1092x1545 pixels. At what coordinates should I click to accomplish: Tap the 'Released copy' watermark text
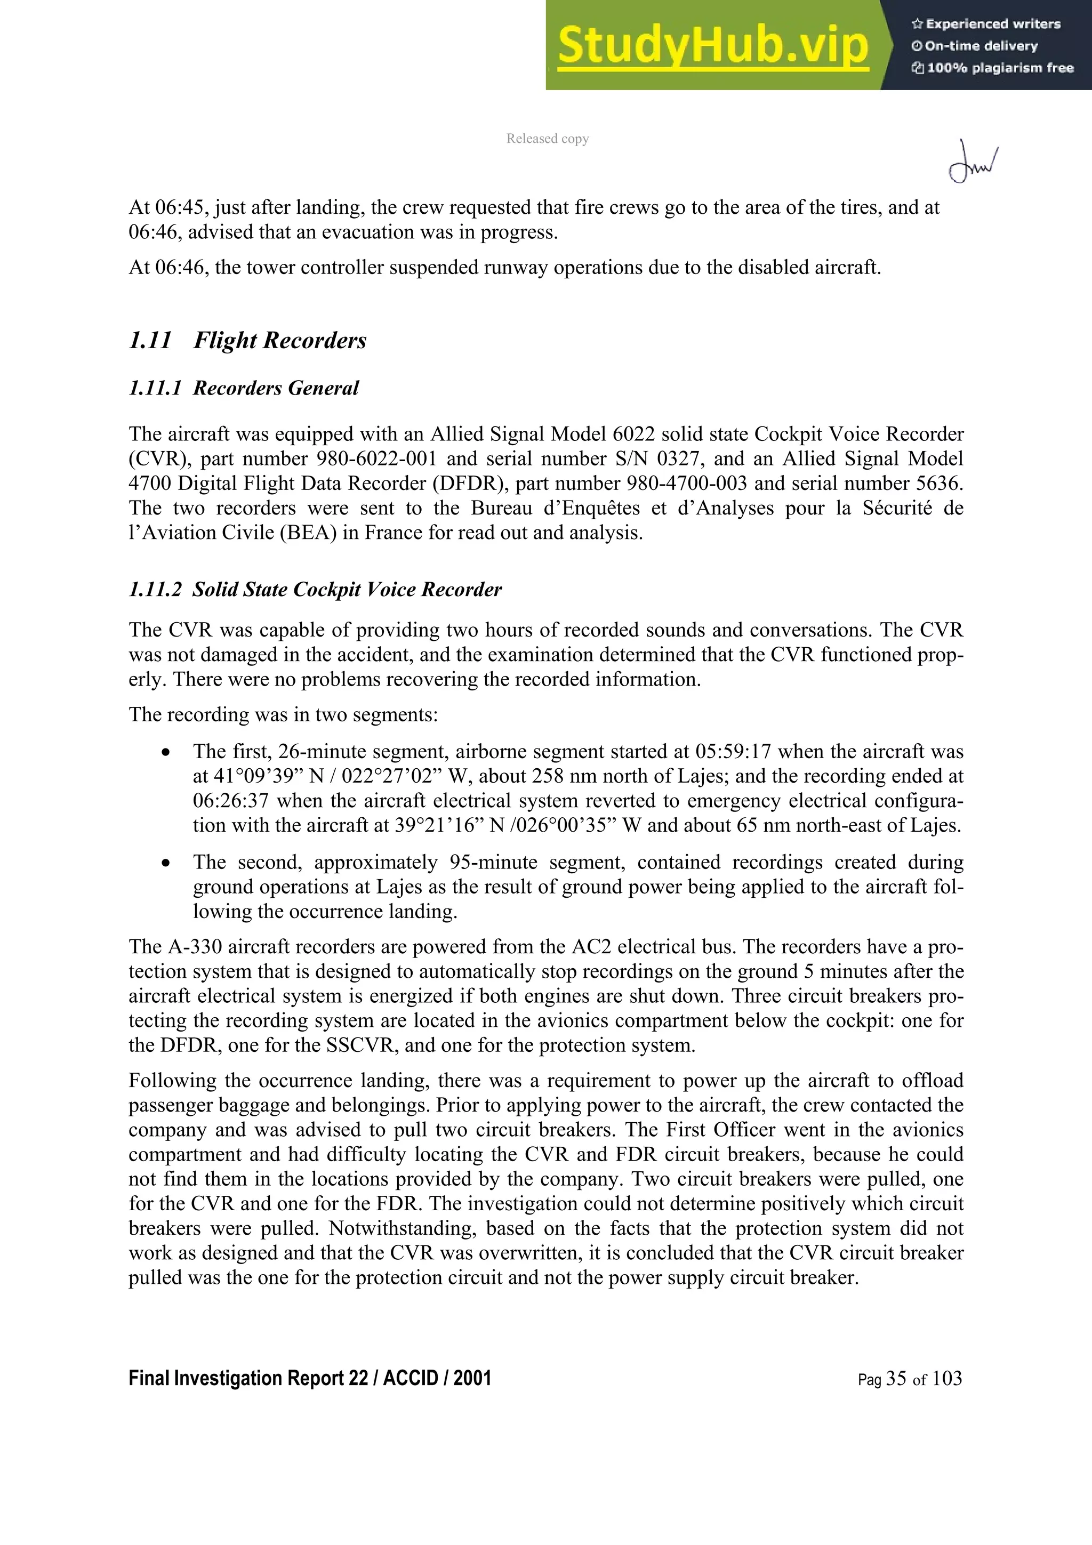click(x=547, y=139)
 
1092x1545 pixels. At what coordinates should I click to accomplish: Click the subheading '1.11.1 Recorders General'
click(x=244, y=388)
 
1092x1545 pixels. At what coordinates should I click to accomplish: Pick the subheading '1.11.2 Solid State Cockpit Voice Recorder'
click(x=315, y=590)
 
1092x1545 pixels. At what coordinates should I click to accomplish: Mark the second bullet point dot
click(x=165, y=863)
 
